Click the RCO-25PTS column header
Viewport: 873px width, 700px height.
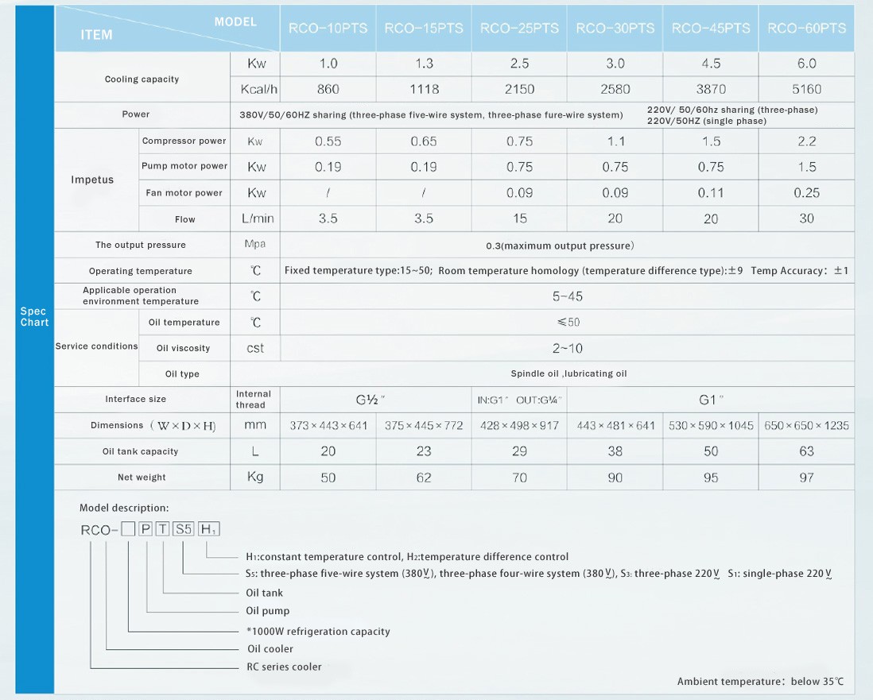click(519, 29)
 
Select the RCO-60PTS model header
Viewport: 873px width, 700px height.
click(806, 29)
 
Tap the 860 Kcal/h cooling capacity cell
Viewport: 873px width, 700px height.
click(328, 89)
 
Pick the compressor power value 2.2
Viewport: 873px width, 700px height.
click(806, 141)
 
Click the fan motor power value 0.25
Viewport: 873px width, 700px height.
click(806, 193)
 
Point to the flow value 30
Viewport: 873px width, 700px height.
click(806, 219)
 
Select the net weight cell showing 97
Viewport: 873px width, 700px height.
click(806, 478)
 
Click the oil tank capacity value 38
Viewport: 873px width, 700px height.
click(615, 451)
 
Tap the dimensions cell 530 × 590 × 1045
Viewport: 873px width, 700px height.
click(711, 426)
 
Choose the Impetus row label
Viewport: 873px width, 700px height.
click(92, 180)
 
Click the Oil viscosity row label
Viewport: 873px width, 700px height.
click(183, 348)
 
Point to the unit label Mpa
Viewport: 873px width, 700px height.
click(254, 245)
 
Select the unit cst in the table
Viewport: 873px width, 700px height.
click(254, 348)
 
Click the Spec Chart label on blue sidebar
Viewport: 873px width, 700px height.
click(34, 317)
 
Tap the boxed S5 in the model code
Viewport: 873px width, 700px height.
click(184, 529)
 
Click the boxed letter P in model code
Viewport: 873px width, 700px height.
click(145, 529)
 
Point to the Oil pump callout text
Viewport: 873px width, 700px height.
click(268, 611)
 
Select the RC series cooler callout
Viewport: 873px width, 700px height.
click(284, 667)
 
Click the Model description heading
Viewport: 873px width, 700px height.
click(124, 508)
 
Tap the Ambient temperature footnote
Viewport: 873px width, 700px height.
click(760, 682)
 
